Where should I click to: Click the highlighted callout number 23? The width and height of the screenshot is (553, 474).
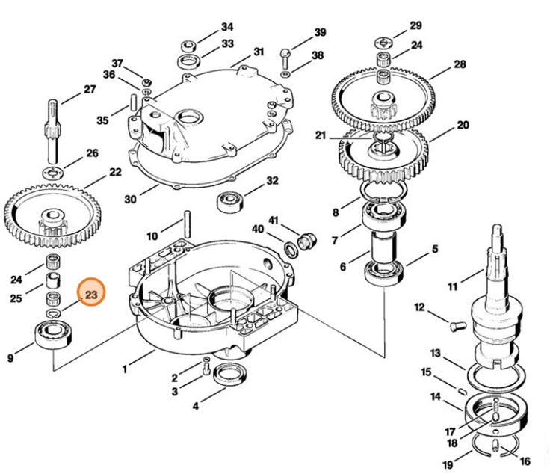coord(91,296)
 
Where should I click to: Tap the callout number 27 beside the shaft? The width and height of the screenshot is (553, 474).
coord(90,90)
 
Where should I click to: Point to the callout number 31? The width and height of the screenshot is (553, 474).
coord(258,52)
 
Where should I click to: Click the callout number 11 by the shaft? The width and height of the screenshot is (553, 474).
coord(452,286)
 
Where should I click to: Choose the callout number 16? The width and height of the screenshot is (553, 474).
coord(525,461)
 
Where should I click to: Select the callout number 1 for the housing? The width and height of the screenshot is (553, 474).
coord(128,368)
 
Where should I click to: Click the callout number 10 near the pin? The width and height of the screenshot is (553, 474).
coord(152,236)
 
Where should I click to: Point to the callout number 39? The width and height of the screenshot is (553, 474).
coord(320,33)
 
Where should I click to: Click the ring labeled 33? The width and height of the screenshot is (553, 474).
coord(188,60)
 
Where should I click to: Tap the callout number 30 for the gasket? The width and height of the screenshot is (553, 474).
coord(130,200)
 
